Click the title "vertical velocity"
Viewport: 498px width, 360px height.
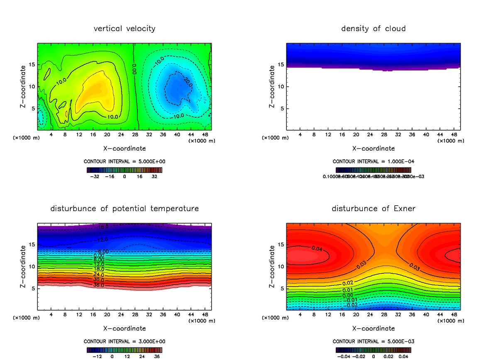[x=124, y=29]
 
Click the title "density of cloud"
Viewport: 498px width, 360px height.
[x=373, y=29]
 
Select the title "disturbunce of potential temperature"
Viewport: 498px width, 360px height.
[x=124, y=208]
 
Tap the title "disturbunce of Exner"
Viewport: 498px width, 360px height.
[x=373, y=208]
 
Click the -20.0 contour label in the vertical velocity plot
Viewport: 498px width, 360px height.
[x=188, y=83]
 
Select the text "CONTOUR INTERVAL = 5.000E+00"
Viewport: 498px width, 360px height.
[x=124, y=161]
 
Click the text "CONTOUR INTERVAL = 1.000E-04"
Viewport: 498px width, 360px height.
[x=373, y=161]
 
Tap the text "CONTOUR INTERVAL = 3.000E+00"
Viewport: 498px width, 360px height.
[x=124, y=341]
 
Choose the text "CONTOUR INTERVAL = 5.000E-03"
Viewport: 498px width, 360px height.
[x=373, y=341]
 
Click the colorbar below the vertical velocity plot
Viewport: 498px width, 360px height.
[x=124, y=170]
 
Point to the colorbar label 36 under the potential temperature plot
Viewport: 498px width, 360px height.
[x=156, y=356]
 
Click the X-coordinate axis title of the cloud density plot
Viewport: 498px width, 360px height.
[x=373, y=148]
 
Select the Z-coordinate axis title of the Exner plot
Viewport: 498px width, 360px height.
[x=272, y=266]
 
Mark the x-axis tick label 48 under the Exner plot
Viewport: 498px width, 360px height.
[x=454, y=315]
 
